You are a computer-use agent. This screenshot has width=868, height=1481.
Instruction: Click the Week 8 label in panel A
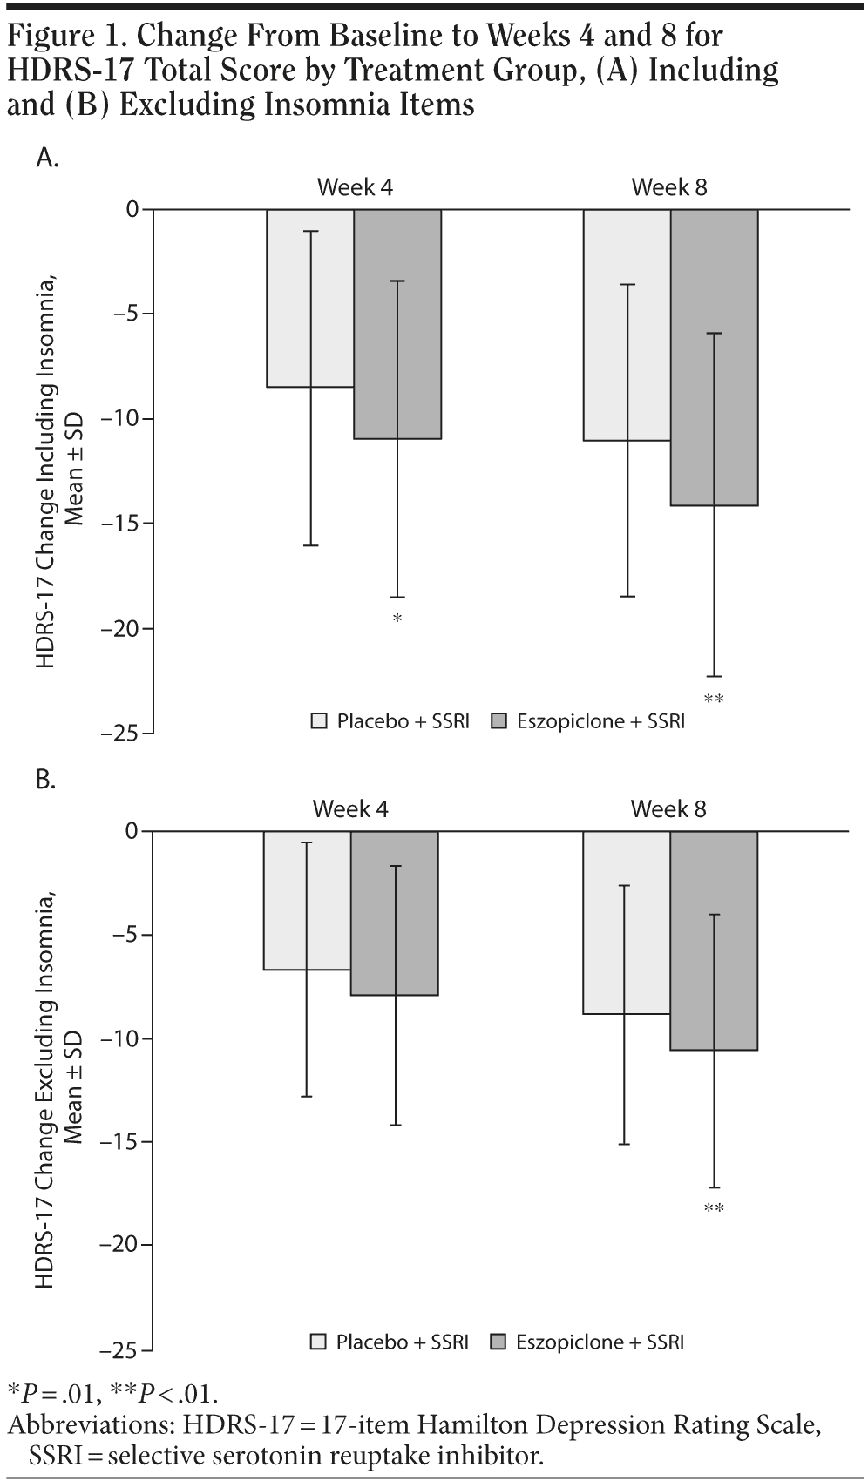click(668, 187)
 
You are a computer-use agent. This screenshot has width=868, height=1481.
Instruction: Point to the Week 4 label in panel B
click(350, 809)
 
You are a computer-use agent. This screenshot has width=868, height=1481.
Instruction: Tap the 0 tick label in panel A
click(132, 209)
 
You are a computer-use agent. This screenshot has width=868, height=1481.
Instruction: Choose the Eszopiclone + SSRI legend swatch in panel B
click(499, 1342)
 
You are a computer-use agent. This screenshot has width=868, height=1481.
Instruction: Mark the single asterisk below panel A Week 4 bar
click(397, 619)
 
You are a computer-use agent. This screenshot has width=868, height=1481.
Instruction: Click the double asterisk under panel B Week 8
click(714, 1208)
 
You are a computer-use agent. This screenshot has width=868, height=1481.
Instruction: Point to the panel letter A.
click(47, 158)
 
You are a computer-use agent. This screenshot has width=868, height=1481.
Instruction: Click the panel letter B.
click(46, 780)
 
